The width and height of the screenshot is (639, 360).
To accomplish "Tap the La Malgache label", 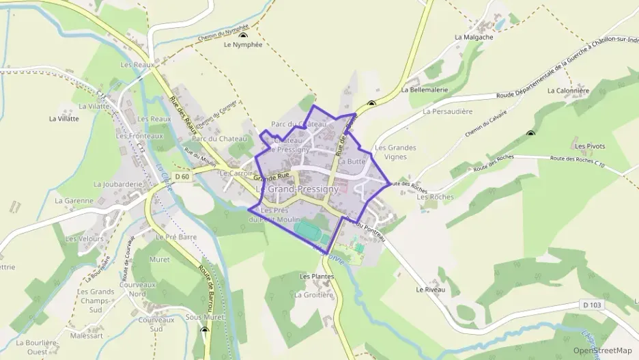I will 474,38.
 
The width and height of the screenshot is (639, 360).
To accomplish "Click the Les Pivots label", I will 590,146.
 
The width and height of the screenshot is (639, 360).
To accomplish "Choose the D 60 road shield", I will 181,176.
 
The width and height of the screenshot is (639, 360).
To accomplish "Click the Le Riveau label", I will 430,290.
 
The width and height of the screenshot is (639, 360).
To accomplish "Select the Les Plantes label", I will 317,276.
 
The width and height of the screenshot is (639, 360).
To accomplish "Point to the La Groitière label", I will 314,295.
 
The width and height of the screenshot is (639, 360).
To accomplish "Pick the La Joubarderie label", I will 117,184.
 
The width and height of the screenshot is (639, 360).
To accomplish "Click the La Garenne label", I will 73,201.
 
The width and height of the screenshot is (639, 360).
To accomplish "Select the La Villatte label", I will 64,118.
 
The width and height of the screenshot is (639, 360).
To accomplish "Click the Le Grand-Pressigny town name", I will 297,188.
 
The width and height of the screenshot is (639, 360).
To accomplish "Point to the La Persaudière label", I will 448,111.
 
